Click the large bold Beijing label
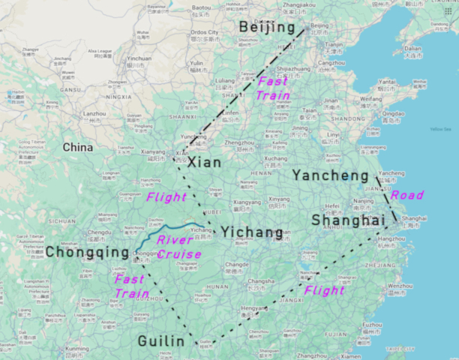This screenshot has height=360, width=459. [x=265, y=28]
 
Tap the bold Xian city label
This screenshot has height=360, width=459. [x=204, y=163]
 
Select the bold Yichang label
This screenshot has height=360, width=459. [x=253, y=232]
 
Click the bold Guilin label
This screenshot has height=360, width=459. [x=160, y=342]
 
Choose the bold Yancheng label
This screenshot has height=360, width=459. [x=330, y=175]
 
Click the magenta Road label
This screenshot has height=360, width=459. [x=407, y=195]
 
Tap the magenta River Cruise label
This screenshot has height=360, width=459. [x=178, y=247]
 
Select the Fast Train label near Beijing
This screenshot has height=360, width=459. [x=272, y=88]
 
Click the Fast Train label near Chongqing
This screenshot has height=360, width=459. [x=130, y=286]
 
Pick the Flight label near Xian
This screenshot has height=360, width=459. [x=166, y=197]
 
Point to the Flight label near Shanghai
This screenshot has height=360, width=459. [x=325, y=290]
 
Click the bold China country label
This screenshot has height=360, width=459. [x=78, y=147]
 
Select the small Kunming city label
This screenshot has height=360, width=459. [x=76, y=349]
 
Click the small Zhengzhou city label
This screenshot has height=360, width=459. [x=239, y=142]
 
